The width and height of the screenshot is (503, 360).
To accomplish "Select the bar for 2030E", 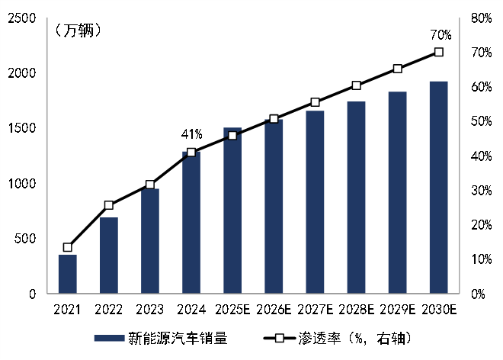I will tap(438, 188).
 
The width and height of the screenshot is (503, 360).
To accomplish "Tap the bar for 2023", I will tap(150, 241).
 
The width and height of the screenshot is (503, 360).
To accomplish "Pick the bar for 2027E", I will tap(315, 202).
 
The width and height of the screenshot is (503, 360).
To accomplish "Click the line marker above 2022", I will tap(109, 205).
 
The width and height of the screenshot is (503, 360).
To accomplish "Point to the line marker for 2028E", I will tap(356, 85).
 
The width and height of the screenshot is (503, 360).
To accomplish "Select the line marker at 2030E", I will tap(438, 52).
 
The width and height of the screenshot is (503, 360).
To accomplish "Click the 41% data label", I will tap(191, 134).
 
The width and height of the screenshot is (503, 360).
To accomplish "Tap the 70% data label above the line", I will tap(441, 34).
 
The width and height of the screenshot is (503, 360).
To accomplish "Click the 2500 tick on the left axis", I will tap(21, 18).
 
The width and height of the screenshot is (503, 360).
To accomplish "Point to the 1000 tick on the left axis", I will tap(21, 184).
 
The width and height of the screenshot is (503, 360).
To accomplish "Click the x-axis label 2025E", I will tap(232, 310).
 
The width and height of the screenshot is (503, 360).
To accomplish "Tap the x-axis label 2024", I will tap(191, 310).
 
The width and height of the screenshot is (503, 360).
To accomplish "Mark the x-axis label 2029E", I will tap(397, 310).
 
